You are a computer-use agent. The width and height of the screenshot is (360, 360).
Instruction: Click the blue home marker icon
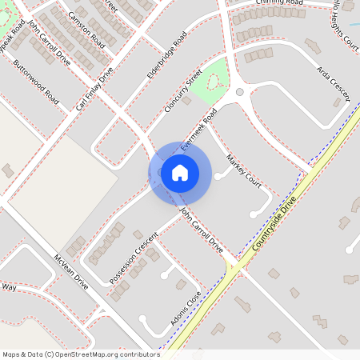click(179, 172)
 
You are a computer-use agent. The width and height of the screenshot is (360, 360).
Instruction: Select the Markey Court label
click(243, 168)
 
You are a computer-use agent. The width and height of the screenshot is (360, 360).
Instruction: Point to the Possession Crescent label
click(133, 258)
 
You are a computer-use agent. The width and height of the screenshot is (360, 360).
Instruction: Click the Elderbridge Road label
click(166, 57)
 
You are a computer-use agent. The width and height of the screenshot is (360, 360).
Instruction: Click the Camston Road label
click(86, 30)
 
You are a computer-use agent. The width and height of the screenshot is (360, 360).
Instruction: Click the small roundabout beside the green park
click(239, 92)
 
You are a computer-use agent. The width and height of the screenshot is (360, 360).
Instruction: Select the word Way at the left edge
click(9, 286)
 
